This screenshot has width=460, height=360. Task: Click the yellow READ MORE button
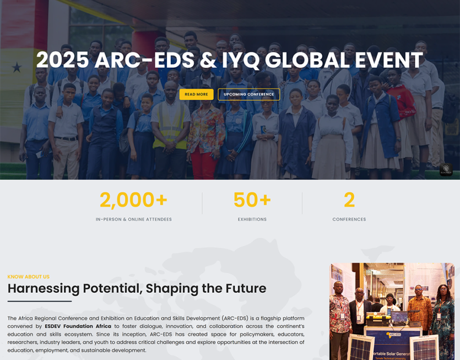point(196,94)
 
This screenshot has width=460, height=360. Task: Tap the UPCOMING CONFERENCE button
point(249,94)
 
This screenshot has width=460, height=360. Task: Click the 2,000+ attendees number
point(133,200)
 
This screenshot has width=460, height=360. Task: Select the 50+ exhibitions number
point(252,200)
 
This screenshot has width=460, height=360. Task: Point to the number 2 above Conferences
point(349,200)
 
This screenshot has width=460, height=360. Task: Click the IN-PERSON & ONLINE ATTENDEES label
point(133,219)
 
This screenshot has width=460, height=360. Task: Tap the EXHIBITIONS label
point(252,219)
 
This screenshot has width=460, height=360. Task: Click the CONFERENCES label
point(349,219)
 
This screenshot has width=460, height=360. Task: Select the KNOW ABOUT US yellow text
point(29,277)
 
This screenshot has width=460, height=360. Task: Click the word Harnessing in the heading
point(44,288)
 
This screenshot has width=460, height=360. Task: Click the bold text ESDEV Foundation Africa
point(78,326)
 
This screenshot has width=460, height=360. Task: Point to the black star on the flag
point(17,67)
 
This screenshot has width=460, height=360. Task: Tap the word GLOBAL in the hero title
point(307,60)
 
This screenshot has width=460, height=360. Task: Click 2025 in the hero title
point(62,60)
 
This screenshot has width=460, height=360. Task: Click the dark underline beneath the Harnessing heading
point(40,301)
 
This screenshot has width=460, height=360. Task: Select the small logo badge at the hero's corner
point(446,169)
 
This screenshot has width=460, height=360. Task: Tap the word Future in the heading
point(246,288)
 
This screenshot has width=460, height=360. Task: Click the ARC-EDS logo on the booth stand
point(393,335)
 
